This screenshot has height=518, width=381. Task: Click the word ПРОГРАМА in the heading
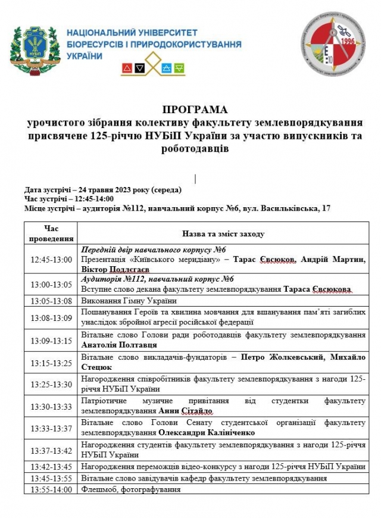(195, 110)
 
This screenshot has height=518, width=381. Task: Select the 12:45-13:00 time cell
(51, 260)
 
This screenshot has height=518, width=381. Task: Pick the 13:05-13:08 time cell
(51, 301)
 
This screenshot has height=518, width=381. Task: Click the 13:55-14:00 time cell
(51, 489)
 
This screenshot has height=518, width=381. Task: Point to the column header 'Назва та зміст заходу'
(223, 234)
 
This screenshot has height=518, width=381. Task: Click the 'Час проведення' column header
(51, 233)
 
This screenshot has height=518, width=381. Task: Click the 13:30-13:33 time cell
(51, 406)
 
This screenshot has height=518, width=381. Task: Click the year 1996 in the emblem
(347, 42)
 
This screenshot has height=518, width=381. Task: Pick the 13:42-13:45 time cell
(51, 467)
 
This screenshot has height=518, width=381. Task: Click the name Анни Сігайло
(186, 411)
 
